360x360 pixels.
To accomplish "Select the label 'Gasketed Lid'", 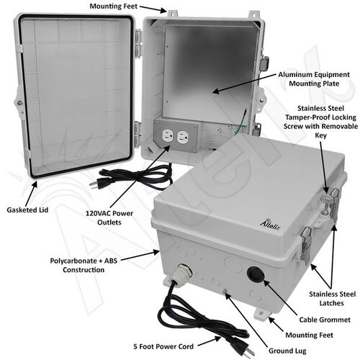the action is pyautogui.click(x=27, y=210).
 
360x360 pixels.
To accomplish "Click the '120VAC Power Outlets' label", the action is pyautogui.click(x=109, y=217).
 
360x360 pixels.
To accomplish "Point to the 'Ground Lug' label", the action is pyautogui.click(x=287, y=351).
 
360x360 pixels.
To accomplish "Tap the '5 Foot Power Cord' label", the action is pyautogui.click(x=163, y=346).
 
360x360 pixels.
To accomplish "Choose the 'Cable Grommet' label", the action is pyautogui.click(x=325, y=320).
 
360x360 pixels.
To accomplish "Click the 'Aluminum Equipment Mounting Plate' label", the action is pyautogui.click(x=314, y=79).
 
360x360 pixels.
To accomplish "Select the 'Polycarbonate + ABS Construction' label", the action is pyautogui.click(x=84, y=265).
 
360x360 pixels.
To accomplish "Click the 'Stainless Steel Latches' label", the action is pyautogui.click(x=332, y=299).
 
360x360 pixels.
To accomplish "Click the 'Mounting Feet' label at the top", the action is pyautogui.click(x=114, y=6).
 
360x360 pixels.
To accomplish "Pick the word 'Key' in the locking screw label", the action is pyautogui.click(x=320, y=135).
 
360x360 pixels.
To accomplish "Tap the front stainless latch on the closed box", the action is pyautogui.click(x=306, y=244).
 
